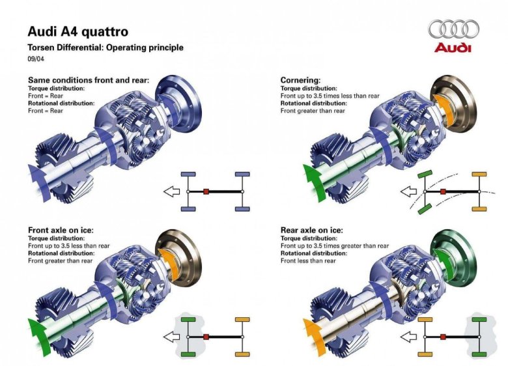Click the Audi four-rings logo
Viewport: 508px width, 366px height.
454,29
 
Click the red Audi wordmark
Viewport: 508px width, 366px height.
453,48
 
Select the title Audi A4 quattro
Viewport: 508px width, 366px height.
78,31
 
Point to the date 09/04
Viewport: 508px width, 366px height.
35,59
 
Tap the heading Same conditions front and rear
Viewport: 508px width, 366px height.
89,80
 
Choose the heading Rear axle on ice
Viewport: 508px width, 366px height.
311,230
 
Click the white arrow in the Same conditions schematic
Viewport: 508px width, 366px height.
172,191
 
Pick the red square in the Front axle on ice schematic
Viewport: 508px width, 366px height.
206,337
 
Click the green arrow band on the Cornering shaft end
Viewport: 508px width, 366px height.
314,182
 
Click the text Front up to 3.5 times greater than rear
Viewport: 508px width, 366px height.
335,246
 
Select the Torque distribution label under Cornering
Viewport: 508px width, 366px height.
309,88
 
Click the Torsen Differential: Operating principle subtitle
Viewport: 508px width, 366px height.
105,48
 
